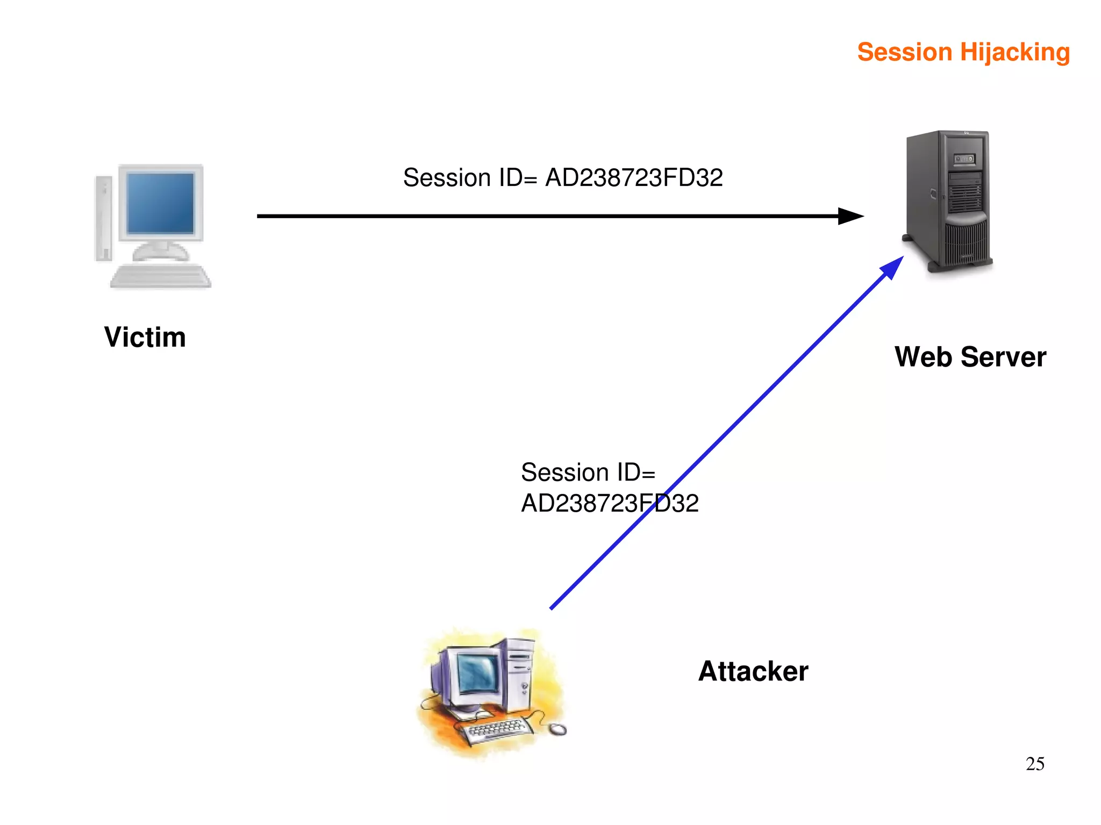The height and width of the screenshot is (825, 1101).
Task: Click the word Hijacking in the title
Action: point(1014,53)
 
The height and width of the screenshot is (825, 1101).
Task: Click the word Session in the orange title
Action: point(904,53)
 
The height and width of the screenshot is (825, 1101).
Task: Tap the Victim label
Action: point(145,338)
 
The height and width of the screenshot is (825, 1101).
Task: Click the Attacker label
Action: point(753,671)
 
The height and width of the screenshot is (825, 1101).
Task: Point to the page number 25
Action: point(1034,764)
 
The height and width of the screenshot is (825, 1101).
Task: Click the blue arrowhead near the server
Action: point(892,267)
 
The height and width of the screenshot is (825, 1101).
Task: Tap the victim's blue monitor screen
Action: point(160,203)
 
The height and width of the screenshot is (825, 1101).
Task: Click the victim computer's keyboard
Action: point(160,276)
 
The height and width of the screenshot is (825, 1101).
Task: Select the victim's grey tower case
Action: point(103,218)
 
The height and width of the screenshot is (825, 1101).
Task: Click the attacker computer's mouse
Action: point(557,729)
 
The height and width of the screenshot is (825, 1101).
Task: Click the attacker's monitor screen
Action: point(478,674)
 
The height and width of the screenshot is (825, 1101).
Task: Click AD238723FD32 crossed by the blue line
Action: point(609,504)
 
